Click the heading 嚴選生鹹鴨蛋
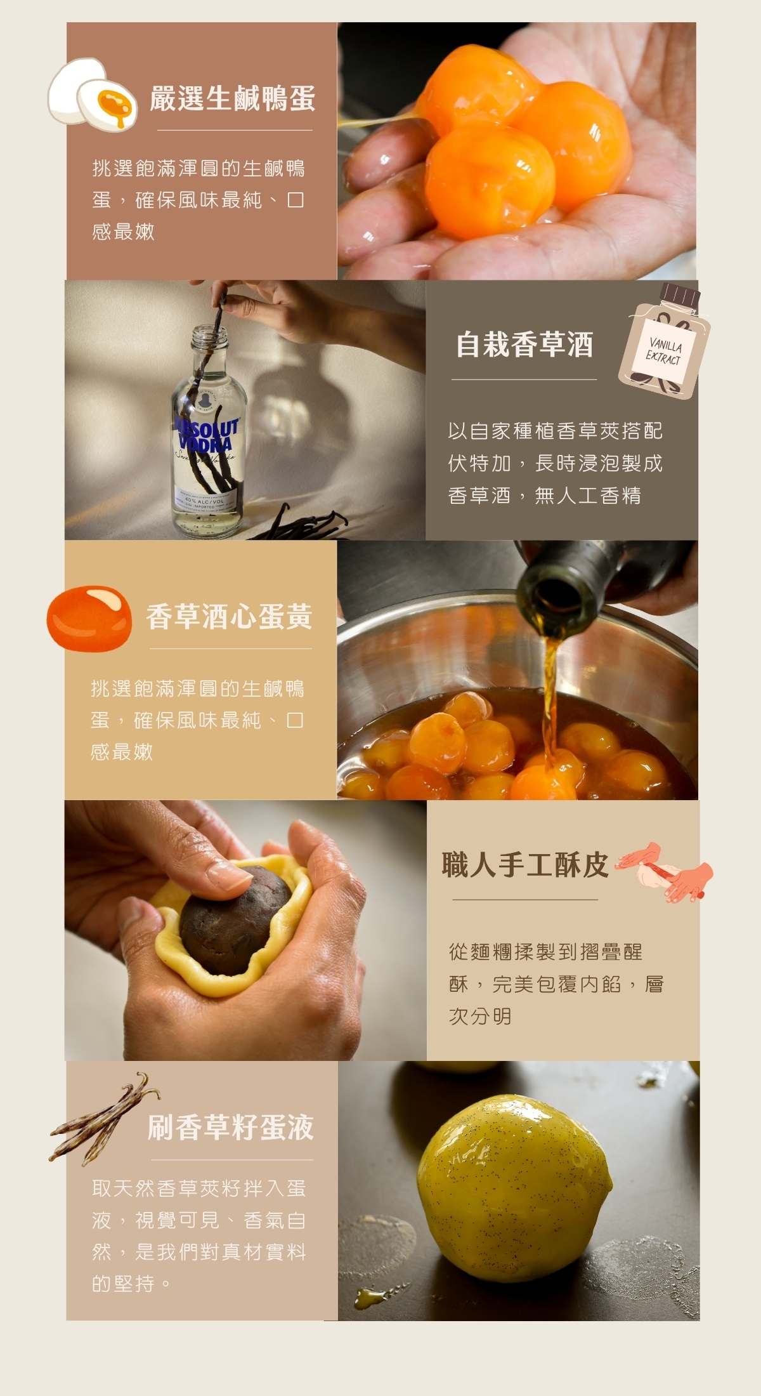tap(232, 98)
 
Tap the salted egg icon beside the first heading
tap(93, 95)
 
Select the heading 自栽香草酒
tap(524, 345)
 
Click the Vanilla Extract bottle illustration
tap(664, 341)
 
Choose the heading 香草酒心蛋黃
tap(229, 617)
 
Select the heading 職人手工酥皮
tap(525, 865)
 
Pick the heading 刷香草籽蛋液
tap(231, 1127)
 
